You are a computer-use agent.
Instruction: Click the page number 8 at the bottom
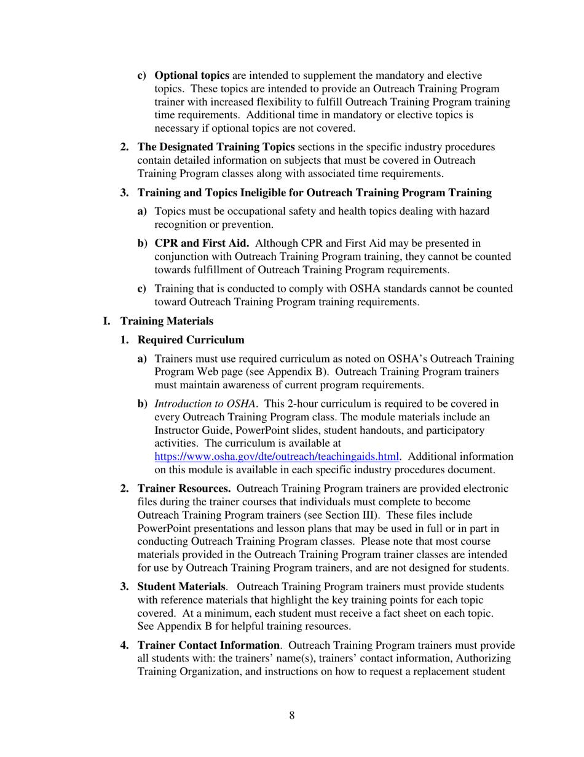click(291, 715)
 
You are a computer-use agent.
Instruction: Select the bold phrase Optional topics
click(191, 76)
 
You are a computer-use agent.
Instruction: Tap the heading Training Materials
click(167, 321)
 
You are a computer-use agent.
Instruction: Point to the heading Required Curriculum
click(191, 340)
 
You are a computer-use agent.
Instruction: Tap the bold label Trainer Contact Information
click(208, 646)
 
